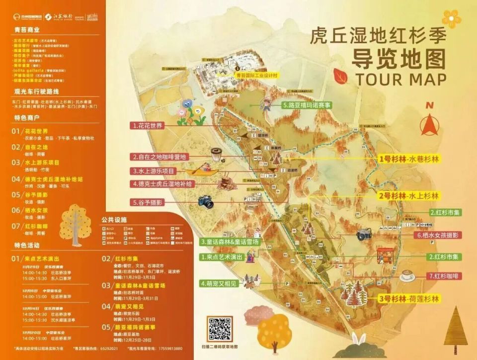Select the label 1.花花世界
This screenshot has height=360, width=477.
[147, 126]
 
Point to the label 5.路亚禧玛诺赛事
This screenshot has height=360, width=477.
[307, 105]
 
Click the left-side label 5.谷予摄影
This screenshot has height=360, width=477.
[148, 202]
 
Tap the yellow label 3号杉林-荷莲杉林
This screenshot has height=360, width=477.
[409, 299]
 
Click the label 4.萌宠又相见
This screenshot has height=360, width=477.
[220, 283]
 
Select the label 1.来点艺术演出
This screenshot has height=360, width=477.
[221, 257]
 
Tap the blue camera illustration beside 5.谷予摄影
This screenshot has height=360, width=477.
[205, 201]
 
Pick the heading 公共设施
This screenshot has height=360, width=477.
[114, 219]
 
